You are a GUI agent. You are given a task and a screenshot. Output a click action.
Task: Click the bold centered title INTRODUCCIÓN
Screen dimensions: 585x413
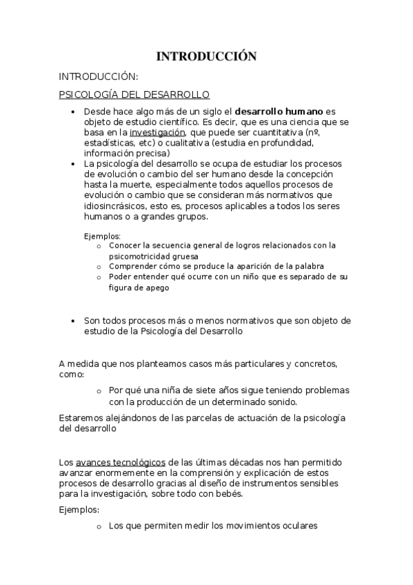(x=206, y=57)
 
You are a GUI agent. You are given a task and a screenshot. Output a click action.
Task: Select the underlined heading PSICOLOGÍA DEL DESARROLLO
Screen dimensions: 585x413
(x=134, y=94)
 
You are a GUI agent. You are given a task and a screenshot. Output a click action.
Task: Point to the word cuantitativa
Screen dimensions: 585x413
(x=270, y=132)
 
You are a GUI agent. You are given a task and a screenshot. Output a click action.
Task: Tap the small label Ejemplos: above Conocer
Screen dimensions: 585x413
(x=102, y=235)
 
